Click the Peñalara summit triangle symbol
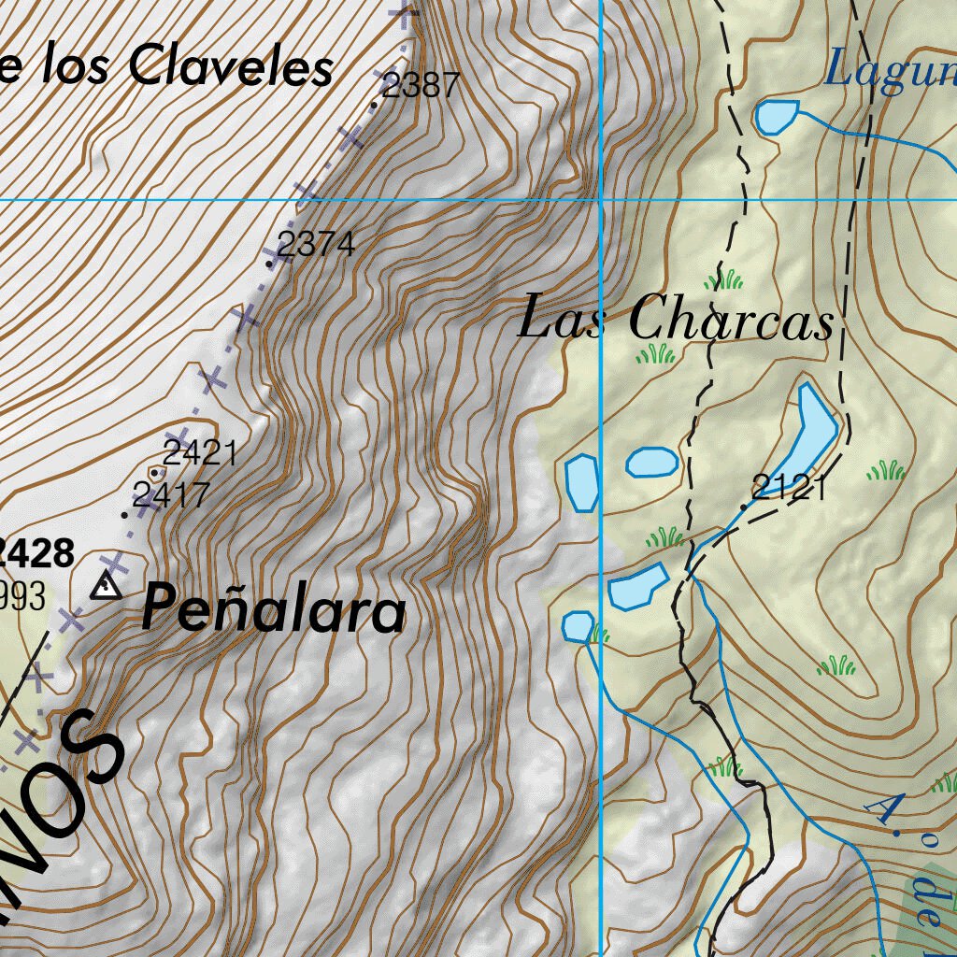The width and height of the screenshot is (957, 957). (106, 587)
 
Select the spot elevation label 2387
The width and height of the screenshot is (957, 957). (421, 86)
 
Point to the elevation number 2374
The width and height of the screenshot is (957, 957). (316, 245)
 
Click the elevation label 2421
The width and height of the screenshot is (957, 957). (199, 454)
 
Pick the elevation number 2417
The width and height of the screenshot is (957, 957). (171, 494)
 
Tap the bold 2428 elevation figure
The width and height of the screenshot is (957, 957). (36, 553)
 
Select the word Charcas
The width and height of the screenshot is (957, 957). (730, 321)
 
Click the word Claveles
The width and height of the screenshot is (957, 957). (231, 67)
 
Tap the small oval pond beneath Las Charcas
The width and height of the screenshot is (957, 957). (651, 462)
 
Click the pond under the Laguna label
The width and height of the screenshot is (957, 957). (776, 117)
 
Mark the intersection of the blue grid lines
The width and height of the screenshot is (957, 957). (600, 199)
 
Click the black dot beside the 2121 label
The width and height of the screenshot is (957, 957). (744, 507)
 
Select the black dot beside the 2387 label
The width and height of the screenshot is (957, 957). (374, 105)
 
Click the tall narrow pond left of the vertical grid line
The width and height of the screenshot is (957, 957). (581, 481)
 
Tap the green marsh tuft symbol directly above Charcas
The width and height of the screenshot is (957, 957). (724, 279)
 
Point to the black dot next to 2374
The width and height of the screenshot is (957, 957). (271, 264)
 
